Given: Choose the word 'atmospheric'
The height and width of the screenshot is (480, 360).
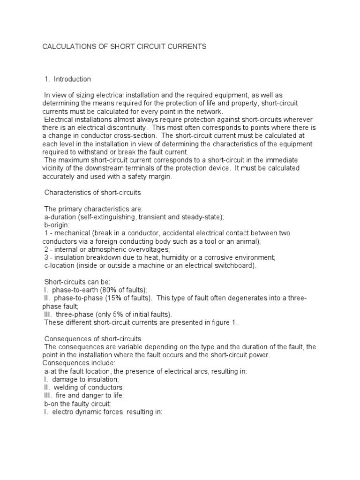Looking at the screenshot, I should click(105, 249).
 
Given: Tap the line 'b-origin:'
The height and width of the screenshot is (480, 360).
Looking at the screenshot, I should click(56, 225).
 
